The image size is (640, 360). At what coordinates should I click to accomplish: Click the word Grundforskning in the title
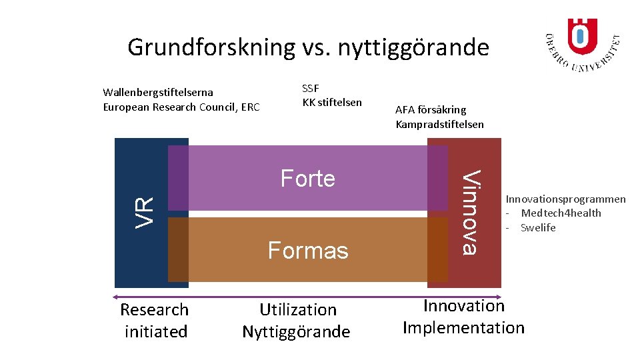click(x=211, y=48)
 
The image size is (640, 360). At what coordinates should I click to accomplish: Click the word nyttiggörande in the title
click(x=413, y=48)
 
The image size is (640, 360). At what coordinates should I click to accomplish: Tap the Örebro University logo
click(x=582, y=43)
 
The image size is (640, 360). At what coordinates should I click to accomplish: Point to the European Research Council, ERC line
click(x=181, y=107)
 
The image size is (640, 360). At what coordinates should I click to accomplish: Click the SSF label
click(x=311, y=89)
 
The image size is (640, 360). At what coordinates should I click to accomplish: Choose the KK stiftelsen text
click(x=332, y=102)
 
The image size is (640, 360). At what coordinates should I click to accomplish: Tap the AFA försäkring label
click(x=431, y=109)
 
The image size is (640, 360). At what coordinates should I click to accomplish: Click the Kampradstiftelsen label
click(x=440, y=124)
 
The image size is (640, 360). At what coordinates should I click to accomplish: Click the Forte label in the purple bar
click(x=307, y=179)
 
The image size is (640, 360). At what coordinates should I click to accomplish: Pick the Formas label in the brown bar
click(x=308, y=251)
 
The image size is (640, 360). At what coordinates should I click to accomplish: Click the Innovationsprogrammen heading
click(x=565, y=199)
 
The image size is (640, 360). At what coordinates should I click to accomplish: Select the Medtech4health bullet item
click(x=561, y=213)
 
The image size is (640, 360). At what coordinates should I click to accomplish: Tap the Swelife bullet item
click(x=538, y=227)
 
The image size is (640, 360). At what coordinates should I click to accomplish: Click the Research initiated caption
click(x=155, y=320)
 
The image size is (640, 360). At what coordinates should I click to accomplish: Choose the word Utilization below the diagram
click(x=298, y=309)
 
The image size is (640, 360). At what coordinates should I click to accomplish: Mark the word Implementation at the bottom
click(x=463, y=327)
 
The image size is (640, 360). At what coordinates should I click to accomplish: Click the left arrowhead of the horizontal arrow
click(x=116, y=296)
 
